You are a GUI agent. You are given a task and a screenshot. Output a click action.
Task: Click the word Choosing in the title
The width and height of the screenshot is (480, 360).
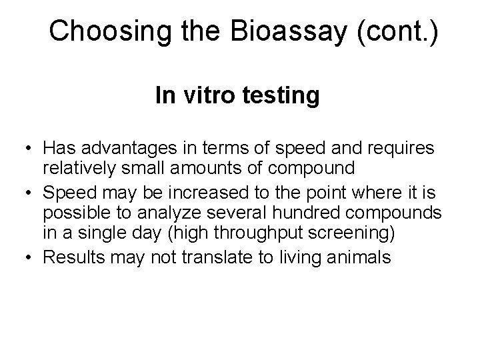[x=95, y=31]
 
